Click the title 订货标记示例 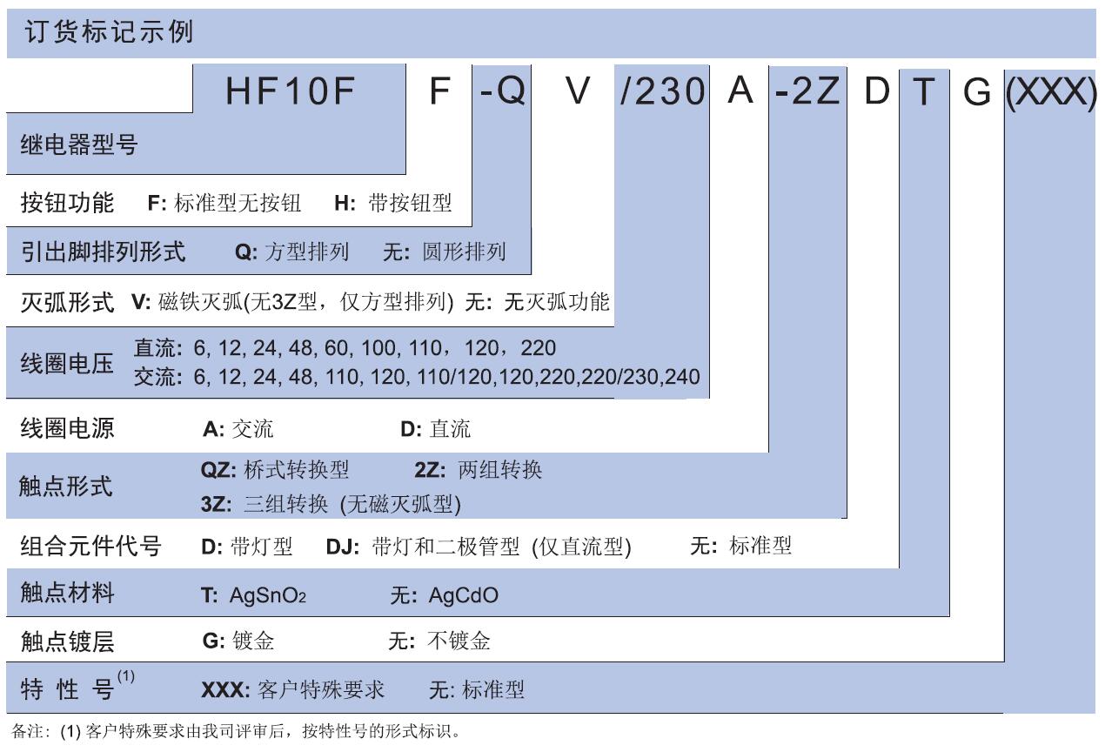click(x=109, y=32)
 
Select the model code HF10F click(x=291, y=91)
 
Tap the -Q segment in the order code click(x=502, y=91)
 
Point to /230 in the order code click(x=662, y=91)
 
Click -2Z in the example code click(x=807, y=91)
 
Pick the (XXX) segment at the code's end click(x=1051, y=92)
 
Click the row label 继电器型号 click(x=79, y=144)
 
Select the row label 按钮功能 click(x=67, y=202)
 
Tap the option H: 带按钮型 click(x=393, y=203)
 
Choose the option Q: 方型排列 click(x=292, y=252)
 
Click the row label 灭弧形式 click(x=67, y=301)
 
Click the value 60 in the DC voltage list click(x=337, y=348)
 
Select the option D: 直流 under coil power click(x=436, y=428)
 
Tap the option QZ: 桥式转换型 click(x=275, y=469)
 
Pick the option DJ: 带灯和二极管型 click(x=423, y=547)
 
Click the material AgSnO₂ click(x=268, y=595)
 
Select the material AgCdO click(x=463, y=595)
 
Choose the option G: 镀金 click(x=238, y=641)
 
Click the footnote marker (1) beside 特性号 click(x=126, y=675)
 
